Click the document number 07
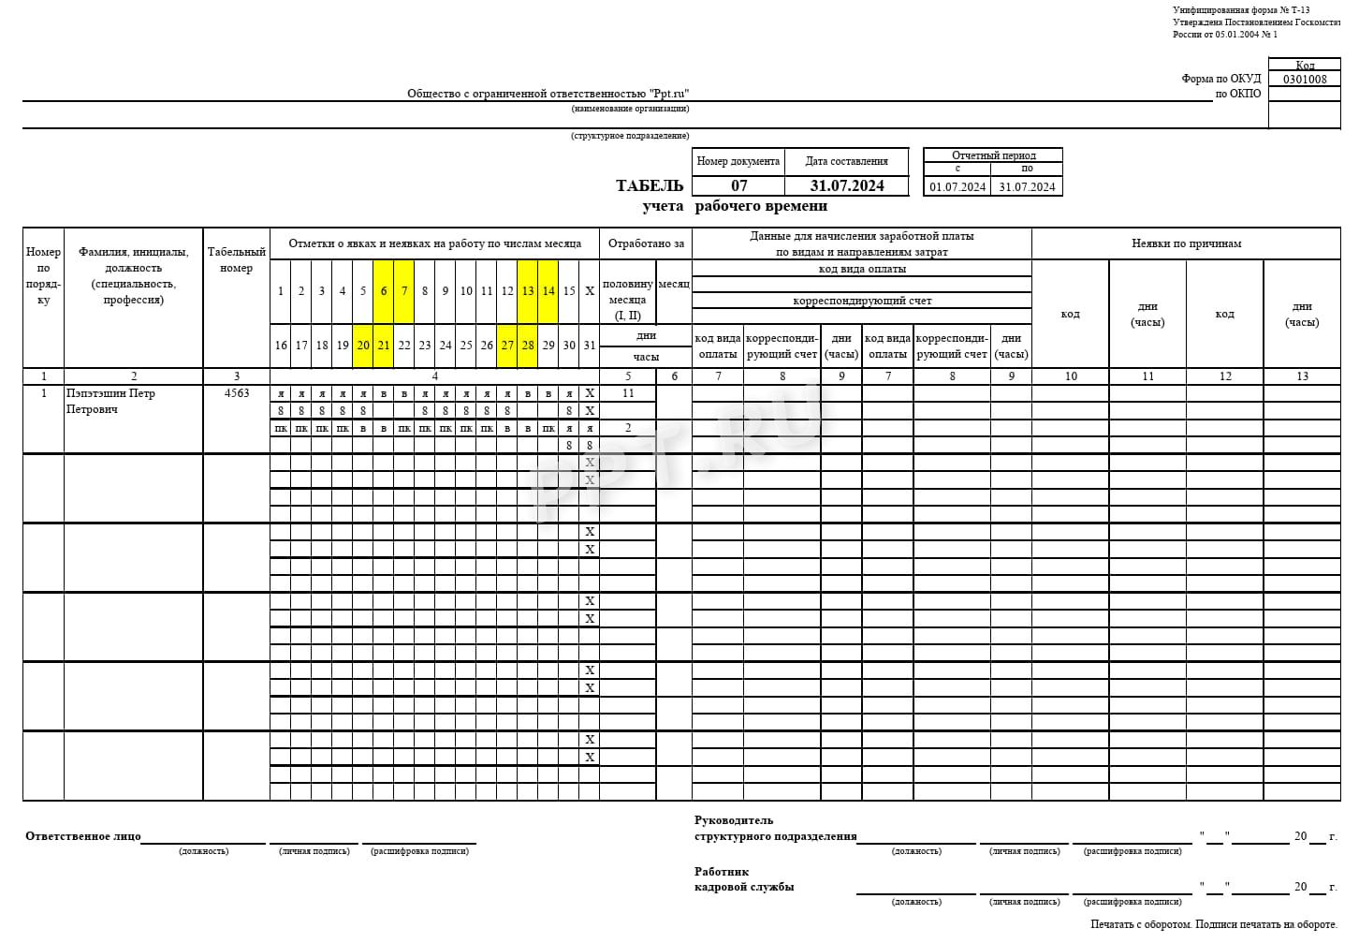738,185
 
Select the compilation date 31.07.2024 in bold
846,185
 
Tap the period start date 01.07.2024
957,186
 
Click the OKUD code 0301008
1305,80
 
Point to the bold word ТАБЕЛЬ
650,185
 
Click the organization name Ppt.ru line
548,94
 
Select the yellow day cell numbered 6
384,291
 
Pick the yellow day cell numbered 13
528,291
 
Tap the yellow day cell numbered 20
363,346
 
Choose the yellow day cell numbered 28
528,346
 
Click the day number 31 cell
590,346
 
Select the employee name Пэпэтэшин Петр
110,393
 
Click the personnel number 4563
237,393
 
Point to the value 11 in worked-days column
628,393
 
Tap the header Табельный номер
237,259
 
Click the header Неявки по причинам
1186,243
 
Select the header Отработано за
646,243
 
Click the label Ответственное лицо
83,836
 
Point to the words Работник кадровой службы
744,879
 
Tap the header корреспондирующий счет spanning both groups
862,301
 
